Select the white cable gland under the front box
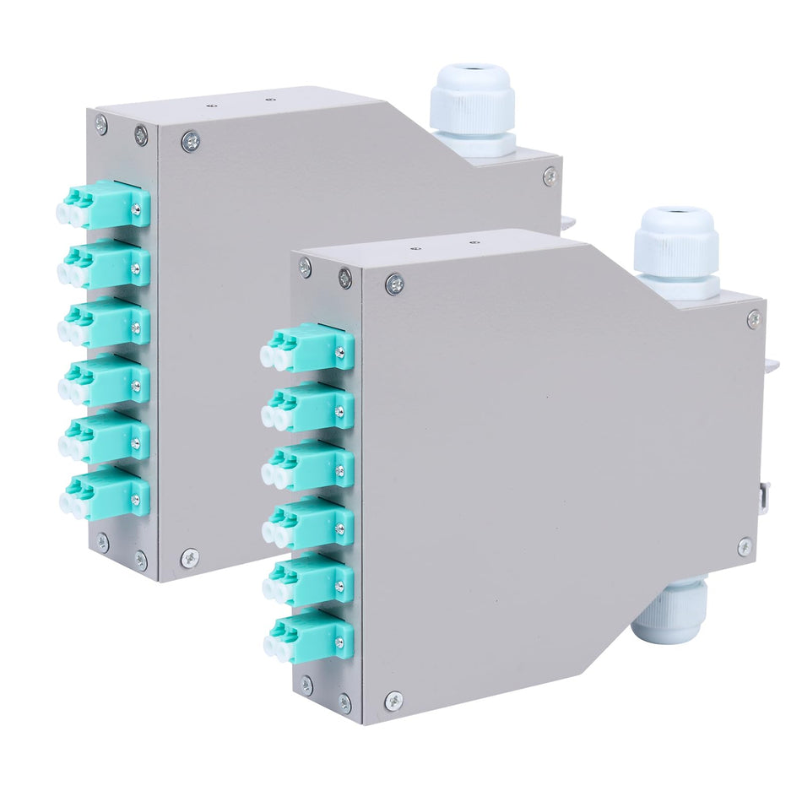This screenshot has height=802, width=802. coord(671,610)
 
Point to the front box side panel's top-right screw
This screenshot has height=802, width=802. coord(753,320)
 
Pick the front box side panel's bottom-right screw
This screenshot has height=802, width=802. coord(745,547)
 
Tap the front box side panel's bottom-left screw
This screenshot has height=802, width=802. coord(394,701)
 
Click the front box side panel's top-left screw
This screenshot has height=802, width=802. coord(394,284)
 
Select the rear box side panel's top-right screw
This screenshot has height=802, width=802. coord(550,176)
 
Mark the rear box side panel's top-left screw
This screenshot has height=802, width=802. coord(191,141)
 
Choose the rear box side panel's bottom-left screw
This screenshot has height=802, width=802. coord(190,558)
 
